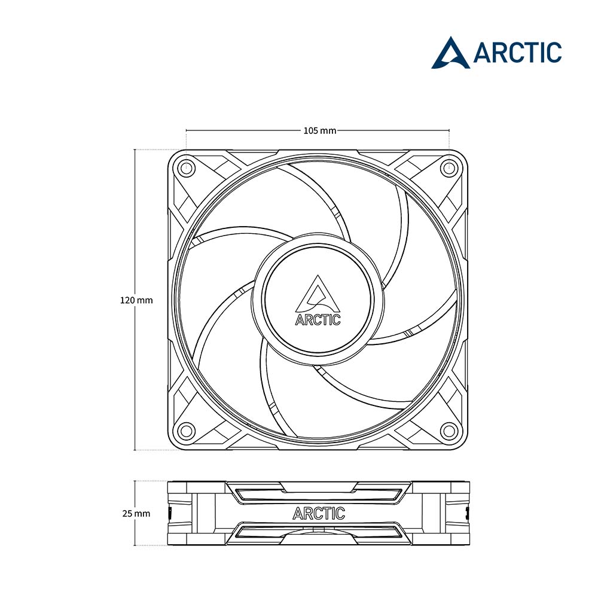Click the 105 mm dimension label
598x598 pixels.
point(319,131)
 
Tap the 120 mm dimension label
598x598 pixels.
point(136,300)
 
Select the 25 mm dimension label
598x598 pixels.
point(136,514)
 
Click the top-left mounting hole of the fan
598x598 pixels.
point(186,167)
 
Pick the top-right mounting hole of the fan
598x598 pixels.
point(449,167)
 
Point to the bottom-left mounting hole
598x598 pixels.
point(186,431)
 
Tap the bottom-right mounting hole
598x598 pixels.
point(449,431)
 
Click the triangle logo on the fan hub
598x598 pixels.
point(318,294)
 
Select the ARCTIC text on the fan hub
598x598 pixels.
point(318,319)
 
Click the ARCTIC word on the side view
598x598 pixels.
point(319,513)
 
